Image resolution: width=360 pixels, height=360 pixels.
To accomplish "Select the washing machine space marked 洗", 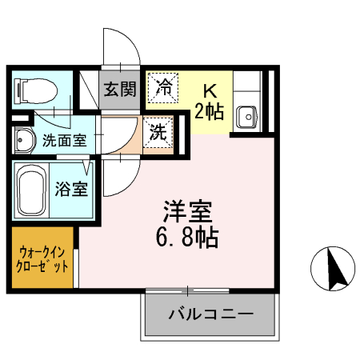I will (158, 132).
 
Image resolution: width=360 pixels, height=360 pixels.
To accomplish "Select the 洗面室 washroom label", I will (65, 140).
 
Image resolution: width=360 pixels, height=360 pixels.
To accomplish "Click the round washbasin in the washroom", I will (22, 140).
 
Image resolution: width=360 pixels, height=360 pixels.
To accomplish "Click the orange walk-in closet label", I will (42, 257).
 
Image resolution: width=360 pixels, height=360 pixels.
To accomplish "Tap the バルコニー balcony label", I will (210, 314).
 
